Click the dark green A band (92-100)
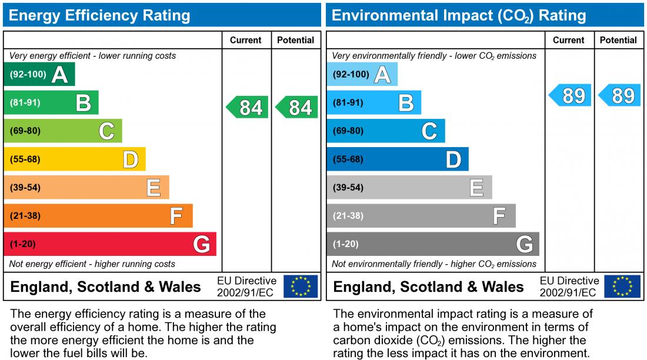[39, 75]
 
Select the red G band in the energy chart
[110, 244]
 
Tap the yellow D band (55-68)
[74, 159]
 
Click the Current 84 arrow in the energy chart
[247, 108]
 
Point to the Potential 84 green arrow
[296, 108]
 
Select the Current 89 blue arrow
[570, 95]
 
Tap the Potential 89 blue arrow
[619, 95]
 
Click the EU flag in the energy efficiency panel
[301, 286]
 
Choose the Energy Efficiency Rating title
[99, 15]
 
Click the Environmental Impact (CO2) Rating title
[459, 15]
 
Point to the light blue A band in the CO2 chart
[362, 75]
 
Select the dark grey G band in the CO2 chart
[433, 244]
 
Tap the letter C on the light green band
[106, 131]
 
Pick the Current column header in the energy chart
[245, 40]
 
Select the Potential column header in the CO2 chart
[618, 40]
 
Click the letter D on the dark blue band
[453, 159]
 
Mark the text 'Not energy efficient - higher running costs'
[92, 264]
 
